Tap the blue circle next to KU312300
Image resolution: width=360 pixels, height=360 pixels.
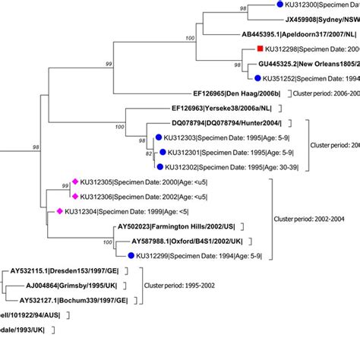pyautogui.click(x=279, y=7)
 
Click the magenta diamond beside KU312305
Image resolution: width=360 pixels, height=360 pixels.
pyautogui.click(x=75, y=182)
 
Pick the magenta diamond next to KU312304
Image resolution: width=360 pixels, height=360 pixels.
pyautogui.click(x=58, y=212)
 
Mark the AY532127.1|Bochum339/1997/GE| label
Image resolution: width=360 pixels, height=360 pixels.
pyautogui.click(x=72, y=300)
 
